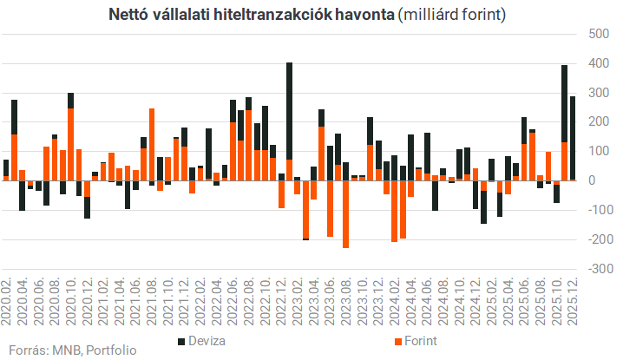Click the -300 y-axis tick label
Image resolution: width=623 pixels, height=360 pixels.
pyautogui.click(x=594, y=269)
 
